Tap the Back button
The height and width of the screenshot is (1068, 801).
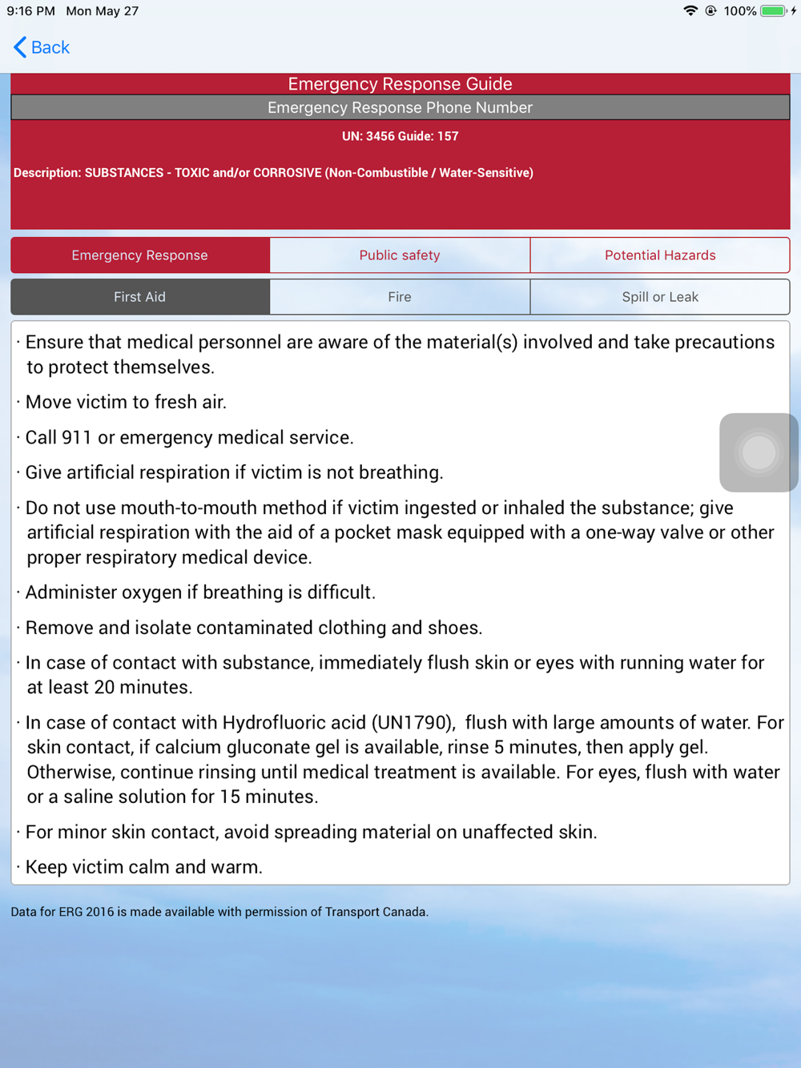[42, 48]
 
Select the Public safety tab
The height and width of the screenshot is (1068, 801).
[400, 255]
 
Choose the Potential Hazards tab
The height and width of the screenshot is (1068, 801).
[660, 255]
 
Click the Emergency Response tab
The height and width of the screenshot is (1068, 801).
[140, 255]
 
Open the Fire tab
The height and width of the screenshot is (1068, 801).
[400, 297]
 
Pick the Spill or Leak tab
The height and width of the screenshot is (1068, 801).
[660, 297]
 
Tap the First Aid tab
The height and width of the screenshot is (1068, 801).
[140, 297]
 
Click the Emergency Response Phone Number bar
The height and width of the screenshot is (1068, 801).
[400, 107]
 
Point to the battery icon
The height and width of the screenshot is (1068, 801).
[773, 11]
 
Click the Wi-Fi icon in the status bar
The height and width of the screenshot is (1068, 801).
[690, 11]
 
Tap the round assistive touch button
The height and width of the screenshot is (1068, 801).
[759, 452]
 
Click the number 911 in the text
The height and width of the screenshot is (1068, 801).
[74, 438]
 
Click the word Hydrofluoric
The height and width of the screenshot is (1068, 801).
[294, 723]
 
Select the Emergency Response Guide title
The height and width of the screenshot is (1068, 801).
[400, 84]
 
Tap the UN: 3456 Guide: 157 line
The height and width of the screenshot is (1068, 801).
[400, 136]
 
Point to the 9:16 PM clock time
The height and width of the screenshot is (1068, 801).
[31, 11]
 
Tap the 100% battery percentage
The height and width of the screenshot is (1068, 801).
[739, 11]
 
